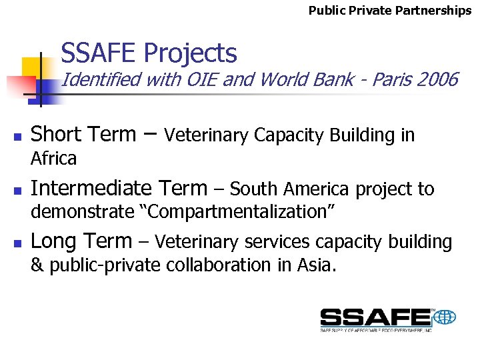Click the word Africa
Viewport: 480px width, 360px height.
tap(54, 159)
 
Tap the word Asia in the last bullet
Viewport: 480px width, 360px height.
tap(316, 265)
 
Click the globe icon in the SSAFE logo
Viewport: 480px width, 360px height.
tap(444, 317)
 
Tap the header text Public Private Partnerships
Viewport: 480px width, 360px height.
tap(390, 11)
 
